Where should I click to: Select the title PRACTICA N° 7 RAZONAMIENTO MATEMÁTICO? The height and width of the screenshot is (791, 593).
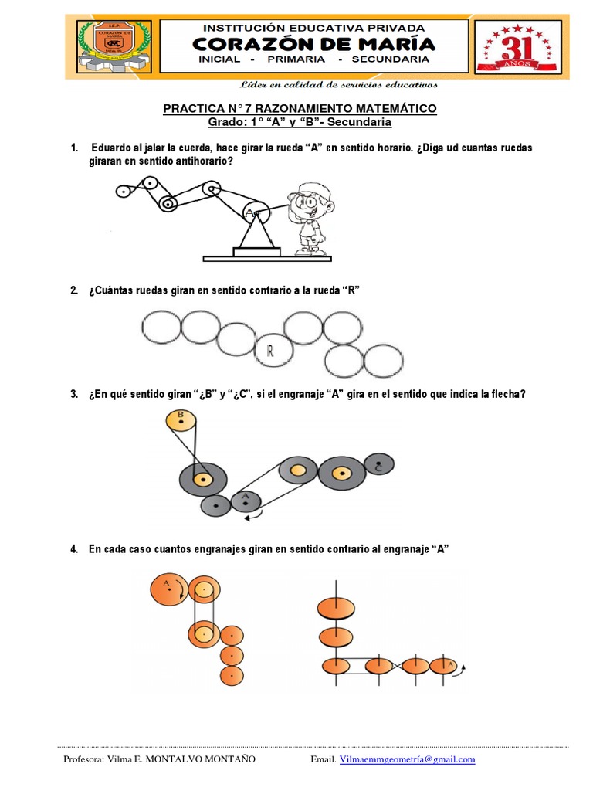(300, 109)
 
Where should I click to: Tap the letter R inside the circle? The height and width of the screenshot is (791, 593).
(271, 352)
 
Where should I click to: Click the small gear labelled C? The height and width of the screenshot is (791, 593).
(377, 467)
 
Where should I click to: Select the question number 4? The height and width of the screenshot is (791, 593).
(74, 549)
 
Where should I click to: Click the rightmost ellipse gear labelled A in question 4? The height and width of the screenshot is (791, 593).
(446, 665)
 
